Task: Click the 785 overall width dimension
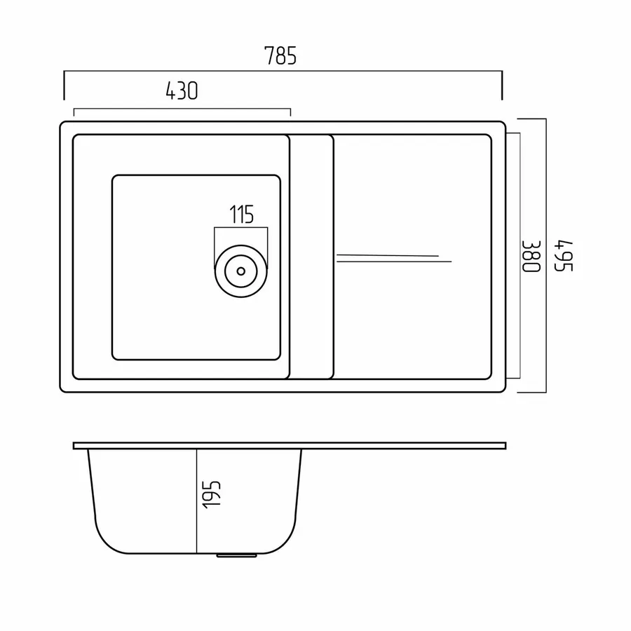[280, 55]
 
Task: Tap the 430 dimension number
[182, 91]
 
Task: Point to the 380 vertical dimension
[531, 257]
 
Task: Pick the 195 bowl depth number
[212, 494]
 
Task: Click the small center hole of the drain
[241, 271]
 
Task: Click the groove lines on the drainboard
[394, 258]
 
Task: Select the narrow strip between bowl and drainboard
[311, 257]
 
